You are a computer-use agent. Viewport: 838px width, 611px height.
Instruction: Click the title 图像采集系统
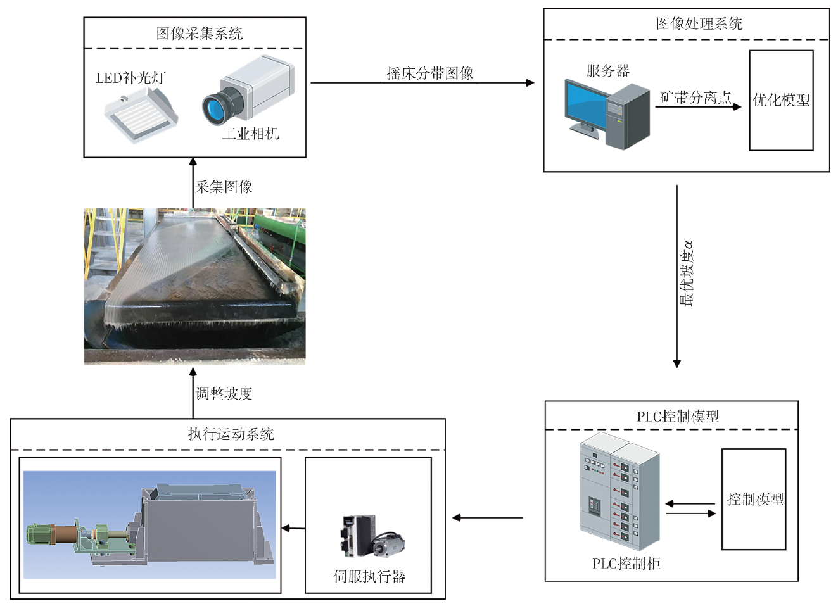coord(200,34)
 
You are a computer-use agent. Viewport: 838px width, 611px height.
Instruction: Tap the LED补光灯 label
coord(130,78)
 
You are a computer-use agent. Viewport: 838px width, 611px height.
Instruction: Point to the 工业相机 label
coord(250,134)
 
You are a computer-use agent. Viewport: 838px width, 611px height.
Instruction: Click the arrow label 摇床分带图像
coord(430,73)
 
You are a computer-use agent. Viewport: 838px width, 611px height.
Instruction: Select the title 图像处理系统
coord(699,24)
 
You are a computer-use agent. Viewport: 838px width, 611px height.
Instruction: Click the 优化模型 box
coord(781,100)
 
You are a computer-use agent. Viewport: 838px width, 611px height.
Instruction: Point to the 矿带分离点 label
coord(695,98)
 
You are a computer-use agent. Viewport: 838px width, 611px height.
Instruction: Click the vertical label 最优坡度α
coord(687,274)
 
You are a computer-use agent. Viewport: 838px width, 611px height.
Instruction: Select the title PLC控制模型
coord(678,416)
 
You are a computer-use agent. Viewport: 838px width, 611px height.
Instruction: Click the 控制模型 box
coord(754,499)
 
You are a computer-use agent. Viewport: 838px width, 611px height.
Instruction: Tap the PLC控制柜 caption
coord(626,564)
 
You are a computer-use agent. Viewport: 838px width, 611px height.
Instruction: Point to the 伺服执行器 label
coord(369,576)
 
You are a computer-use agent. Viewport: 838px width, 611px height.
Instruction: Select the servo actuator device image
coord(370,536)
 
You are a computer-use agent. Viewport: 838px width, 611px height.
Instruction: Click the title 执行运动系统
coord(231,434)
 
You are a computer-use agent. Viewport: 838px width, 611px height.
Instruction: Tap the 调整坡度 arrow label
coord(224,394)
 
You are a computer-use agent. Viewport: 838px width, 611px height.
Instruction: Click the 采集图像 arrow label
coord(224,187)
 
